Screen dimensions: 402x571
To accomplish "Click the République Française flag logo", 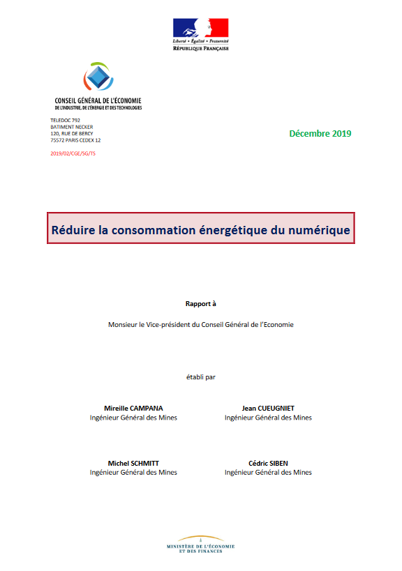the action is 201,28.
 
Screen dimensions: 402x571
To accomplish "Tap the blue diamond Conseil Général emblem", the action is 98,78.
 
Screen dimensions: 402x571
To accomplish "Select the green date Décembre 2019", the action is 320,133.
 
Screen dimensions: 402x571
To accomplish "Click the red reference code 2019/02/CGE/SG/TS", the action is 73,153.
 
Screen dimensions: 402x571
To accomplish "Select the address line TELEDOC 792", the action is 66,121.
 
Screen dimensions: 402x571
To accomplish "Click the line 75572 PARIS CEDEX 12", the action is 76,140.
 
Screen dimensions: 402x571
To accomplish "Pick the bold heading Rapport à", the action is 201,304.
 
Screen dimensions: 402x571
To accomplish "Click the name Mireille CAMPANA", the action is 133,408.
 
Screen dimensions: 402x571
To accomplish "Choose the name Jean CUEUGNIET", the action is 268,408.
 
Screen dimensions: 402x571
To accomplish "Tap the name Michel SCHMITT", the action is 133,463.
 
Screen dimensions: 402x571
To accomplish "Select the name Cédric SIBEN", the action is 268,463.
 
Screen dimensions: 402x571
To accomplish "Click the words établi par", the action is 201,377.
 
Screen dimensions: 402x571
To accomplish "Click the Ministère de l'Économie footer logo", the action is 201,545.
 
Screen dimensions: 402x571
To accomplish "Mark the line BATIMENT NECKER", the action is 71,127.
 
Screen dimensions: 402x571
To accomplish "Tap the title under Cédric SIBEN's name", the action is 268,473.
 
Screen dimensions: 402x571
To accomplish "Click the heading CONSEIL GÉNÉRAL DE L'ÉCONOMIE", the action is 98,101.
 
